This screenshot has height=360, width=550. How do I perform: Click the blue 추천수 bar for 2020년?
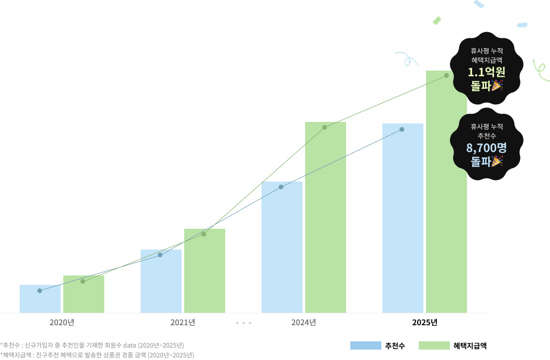point(40,299)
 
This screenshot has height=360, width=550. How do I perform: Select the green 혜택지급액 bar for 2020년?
point(84,294)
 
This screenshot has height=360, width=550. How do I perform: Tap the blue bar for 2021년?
point(161,281)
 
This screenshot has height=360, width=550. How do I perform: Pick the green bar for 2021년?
point(204,271)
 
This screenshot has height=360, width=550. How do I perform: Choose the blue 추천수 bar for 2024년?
point(282,247)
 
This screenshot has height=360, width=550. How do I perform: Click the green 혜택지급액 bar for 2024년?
point(325,217)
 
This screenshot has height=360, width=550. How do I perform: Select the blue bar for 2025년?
point(403,218)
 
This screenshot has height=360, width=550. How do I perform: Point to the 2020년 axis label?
point(62,323)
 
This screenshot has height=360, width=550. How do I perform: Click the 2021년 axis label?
point(183,323)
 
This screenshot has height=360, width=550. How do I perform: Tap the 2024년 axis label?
point(304,323)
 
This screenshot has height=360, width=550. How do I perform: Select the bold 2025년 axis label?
point(424,323)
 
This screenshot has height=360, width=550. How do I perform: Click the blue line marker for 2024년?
point(281,187)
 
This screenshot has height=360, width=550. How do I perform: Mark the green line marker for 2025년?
point(447,75)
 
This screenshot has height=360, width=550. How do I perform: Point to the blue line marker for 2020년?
point(39,290)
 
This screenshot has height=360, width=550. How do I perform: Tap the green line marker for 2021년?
point(204,234)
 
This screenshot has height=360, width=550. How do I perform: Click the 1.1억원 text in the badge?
point(487,72)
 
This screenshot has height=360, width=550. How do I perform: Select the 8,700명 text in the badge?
point(487,148)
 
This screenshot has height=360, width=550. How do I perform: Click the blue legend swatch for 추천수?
point(365,345)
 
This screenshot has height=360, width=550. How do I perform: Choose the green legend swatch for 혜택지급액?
point(434,345)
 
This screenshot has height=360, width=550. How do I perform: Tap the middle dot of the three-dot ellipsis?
point(243,323)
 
